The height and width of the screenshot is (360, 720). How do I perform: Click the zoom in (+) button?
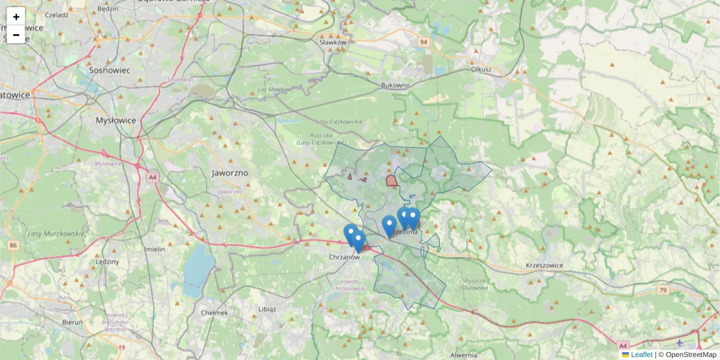(x=16, y=17)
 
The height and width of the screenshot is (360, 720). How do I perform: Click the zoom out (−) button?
(x=16, y=35)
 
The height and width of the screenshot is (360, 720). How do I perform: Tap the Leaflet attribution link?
(x=641, y=355)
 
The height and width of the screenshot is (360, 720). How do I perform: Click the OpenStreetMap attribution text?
(x=691, y=355)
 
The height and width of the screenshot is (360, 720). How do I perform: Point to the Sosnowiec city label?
(x=109, y=70)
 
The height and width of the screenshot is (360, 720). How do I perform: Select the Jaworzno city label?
(x=230, y=172)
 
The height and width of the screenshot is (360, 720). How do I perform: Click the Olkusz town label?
(x=481, y=69)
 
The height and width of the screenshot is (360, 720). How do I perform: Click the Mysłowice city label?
(x=116, y=120)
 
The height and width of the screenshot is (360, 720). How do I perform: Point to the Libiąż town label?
(x=266, y=309)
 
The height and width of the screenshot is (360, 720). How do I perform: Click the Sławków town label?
(x=333, y=43)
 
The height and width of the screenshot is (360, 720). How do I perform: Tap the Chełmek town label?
(x=215, y=313)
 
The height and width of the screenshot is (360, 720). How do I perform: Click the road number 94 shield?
(x=424, y=42)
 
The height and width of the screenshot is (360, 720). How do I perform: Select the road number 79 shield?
(x=662, y=290)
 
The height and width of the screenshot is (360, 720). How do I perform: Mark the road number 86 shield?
(x=13, y=245)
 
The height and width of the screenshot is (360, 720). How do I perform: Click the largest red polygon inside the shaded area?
(x=391, y=180)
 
